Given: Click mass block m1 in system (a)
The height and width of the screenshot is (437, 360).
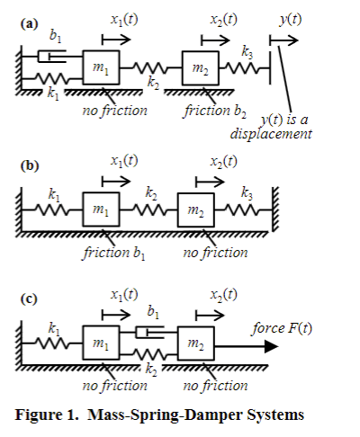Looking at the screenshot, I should pos(101,68).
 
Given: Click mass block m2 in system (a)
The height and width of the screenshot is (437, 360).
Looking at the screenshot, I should pos(201,68).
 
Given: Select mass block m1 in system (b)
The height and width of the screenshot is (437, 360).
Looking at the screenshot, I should pos(101,210).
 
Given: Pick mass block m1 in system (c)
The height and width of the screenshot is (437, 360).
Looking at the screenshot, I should pos(101,343).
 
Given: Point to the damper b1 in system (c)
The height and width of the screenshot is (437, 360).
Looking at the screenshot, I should pos(151,333).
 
